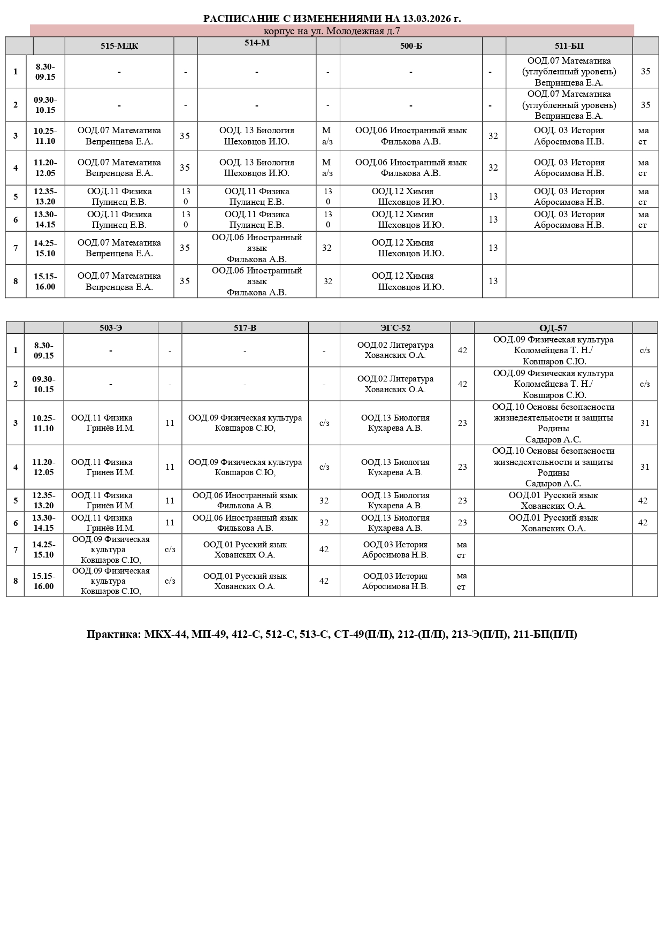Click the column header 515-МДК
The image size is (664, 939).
(119, 46)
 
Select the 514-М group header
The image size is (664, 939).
(257, 43)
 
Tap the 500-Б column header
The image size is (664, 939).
(411, 46)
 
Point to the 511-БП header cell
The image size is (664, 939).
(569, 46)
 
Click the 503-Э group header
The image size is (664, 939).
(111, 328)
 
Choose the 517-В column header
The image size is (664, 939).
(245, 328)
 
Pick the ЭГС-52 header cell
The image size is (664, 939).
(395, 328)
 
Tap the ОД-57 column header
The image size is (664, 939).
(553, 328)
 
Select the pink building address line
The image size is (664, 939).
(332, 31)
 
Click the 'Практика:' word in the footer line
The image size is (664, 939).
(113, 635)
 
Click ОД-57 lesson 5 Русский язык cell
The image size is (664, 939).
(553, 500)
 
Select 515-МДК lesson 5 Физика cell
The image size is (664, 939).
(119, 196)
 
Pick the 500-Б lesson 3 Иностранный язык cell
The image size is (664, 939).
(411, 136)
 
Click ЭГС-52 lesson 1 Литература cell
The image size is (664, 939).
(395, 350)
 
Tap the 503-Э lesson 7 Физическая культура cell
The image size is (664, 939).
(111, 549)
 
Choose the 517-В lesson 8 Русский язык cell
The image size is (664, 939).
(245, 581)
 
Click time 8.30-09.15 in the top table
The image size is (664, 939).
(45, 72)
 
